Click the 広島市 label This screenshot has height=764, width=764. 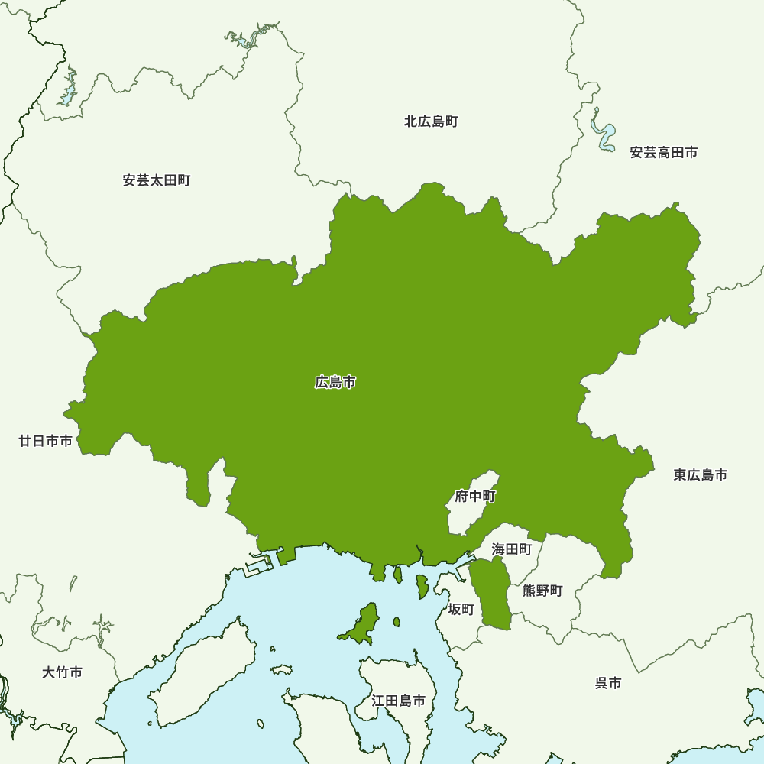tap(335, 382)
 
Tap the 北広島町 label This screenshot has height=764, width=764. tap(431, 121)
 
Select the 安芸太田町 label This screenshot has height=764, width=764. tap(156, 181)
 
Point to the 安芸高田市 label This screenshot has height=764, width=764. tap(663, 153)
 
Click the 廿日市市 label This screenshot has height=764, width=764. tap(46, 441)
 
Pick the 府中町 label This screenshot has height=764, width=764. tap(475, 497)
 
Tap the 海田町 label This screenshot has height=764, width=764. tap(512, 549)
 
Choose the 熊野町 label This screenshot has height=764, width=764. tap(542, 591)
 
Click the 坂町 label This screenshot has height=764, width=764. tap(461, 609)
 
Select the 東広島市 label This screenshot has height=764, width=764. tap(700, 475)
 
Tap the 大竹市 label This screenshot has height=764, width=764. tap(62, 673)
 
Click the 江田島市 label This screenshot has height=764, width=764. tap(398, 700)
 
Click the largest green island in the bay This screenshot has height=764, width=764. tap(361, 625)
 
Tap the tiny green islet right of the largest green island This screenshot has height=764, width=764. tap(397, 622)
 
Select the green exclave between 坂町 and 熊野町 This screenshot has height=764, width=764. tap(492, 593)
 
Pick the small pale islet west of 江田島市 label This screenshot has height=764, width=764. tap(281, 669)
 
